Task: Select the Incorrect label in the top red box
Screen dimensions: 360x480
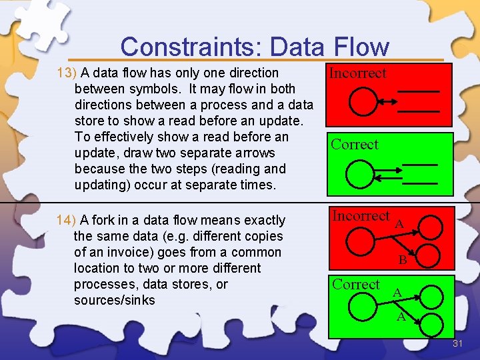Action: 357,73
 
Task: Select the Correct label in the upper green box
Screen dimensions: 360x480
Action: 355,145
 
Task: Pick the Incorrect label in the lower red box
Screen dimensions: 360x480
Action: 361,216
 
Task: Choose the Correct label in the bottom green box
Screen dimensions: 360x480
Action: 356,285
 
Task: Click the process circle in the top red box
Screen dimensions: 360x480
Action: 363,102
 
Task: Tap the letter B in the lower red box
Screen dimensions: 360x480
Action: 403,261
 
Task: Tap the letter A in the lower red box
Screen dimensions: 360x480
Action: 399,224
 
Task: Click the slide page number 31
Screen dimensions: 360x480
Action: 458,344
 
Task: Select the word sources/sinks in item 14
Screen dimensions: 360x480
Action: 114,300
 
